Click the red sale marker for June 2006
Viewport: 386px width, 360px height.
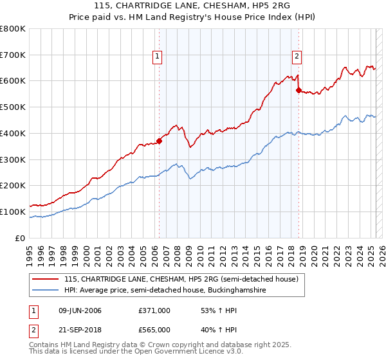click(159, 141)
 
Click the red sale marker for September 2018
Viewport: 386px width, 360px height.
click(299, 91)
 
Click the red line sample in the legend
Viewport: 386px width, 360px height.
click(46, 280)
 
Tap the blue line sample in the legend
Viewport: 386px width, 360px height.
click(46, 291)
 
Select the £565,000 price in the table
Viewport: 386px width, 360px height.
click(154, 330)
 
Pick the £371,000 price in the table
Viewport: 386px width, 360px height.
click(154, 310)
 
